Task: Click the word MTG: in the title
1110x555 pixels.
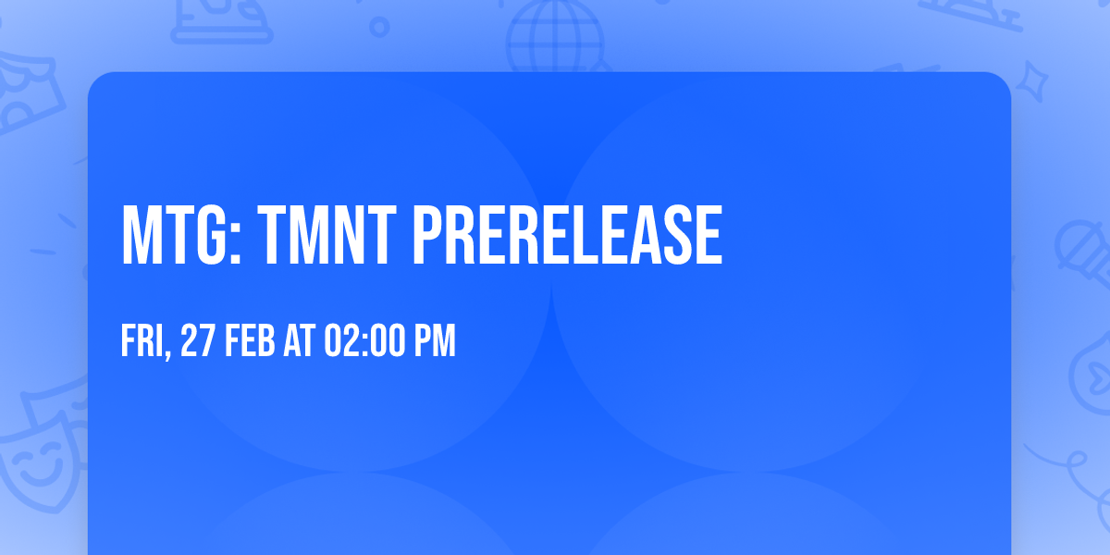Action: pyautogui.click(x=181, y=235)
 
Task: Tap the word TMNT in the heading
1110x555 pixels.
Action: pyautogui.click(x=327, y=235)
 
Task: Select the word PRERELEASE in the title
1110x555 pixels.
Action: pyautogui.click(x=568, y=235)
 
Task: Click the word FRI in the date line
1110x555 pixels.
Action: pyautogui.click(x=142, y=340)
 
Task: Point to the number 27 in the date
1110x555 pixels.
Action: pyautogui.click(x=198, y=340)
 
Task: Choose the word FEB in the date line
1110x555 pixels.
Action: pyautogui.click(x=251, y=340)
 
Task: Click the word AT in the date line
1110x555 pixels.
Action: pyautogui.click(x=300, y=340)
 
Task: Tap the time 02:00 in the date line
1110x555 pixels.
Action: pyautogui.click(x=364, y=340)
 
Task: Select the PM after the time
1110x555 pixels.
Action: pyautogui.click(x=435, y=340)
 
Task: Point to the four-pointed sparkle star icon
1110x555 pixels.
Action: pyautogui.click(x=1031, y=81)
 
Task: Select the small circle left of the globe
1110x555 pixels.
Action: pyautogui.click(x=379, y=27)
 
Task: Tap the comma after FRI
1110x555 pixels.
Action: pyautogui.click(x=167, y=351)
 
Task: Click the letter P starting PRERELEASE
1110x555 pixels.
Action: pyautogui.click(x=429, y=235)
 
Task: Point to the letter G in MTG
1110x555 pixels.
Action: pyautogui.click(x=212, y=235)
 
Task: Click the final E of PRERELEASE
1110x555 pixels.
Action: pyautogui.click(x=709, y=235)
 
